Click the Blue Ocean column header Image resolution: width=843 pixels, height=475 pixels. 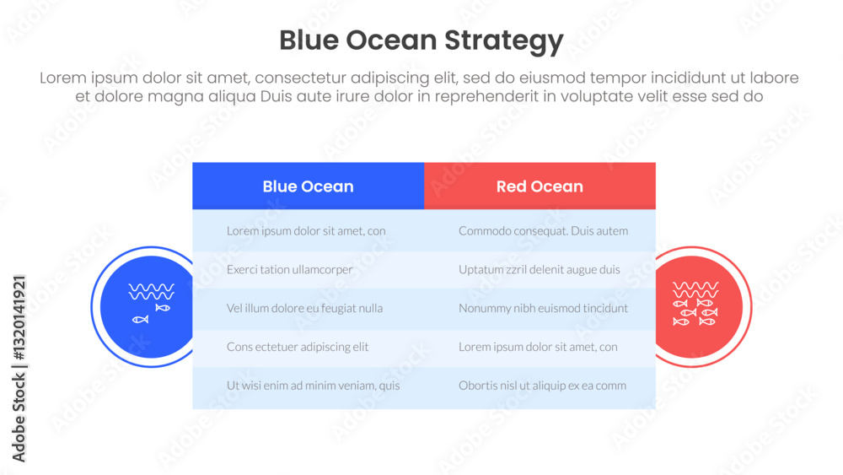(x=308, y=186)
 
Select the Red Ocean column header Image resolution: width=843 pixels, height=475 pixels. (x=540, y=186)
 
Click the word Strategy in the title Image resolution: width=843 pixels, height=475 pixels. (x=504, y=40)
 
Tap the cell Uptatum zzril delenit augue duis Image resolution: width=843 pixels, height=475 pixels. (x=540, y=269)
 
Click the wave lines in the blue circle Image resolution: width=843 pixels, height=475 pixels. (x=151, y=292)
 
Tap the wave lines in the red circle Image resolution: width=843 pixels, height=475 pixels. (x=695, y=290)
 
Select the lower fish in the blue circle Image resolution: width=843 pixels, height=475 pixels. (x=140, y=320)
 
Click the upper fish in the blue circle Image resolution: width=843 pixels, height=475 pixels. (x=163, y=308)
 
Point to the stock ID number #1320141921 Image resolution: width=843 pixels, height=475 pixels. (x=19, y=318)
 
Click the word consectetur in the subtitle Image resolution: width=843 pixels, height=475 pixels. (x=300, y=78)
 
